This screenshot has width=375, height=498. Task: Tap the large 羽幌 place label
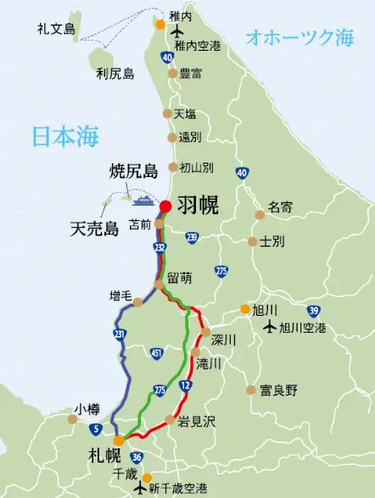tap(198, 205)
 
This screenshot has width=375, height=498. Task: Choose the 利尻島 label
tap(115, 74)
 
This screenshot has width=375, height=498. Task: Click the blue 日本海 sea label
tap(65, 137)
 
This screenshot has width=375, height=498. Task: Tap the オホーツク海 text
tap(299, 36)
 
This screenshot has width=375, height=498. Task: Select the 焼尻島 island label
tap(134, 172)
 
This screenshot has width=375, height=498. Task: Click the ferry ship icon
tap(142, 200)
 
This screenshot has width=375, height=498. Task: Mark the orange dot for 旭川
tap(244, 309)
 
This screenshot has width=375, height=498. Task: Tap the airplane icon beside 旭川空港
tap(270, 327)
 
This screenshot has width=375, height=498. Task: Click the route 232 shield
tap(160, 246)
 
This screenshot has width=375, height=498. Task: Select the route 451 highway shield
tap(155, 353)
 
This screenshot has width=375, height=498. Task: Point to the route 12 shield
tap(186, 386)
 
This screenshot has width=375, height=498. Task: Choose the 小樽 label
tap(87, 407)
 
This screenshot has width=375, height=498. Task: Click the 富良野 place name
tap(278, 390)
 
